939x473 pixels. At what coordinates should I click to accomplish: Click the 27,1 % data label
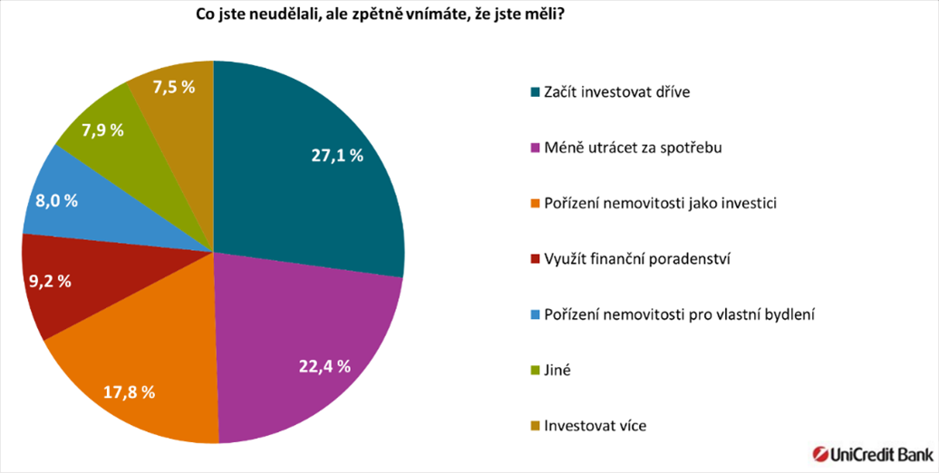click(x=337, y=156)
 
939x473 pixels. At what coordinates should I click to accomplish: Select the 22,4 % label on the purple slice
click(x=324, y=366)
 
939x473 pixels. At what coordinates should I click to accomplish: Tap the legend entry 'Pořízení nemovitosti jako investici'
click(x=647, y=203)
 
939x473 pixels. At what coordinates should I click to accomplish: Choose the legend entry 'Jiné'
click(x=557, y=370)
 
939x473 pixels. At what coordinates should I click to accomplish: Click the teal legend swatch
click(x=534, y=92)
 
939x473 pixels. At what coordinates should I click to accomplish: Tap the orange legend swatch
click(x=534, y=204)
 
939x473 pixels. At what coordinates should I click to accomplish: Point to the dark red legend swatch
click(x=534, y=259)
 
